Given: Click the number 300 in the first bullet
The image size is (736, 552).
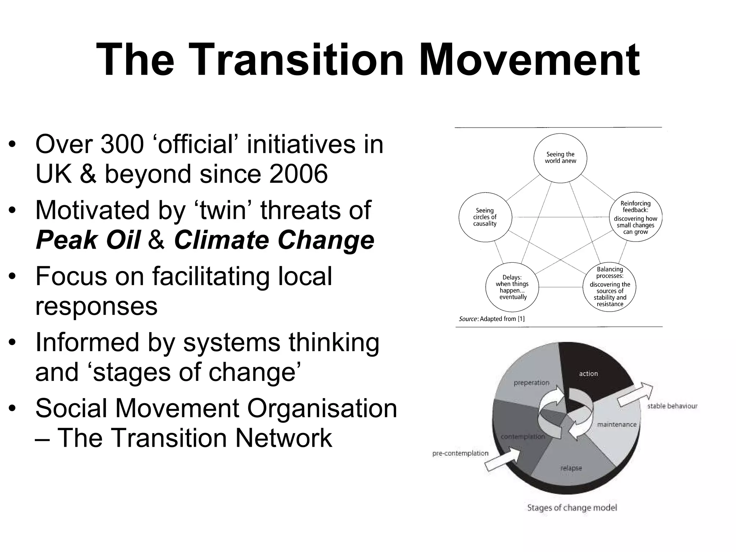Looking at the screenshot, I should pyautogui.click(x=122, y=144).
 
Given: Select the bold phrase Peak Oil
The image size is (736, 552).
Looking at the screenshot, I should pyautogui.click(x=88, y=240).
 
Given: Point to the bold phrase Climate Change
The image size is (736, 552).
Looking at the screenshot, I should pyautogui.click(x=274, y=240).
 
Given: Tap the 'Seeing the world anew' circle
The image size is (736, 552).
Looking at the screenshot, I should pyautogui.click(x=560, y=158).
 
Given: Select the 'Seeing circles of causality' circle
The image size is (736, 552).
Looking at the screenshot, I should pyautogui.click(x=485, y=217).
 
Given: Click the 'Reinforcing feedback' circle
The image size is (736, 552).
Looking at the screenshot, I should pyautogui.click(x=635, y=217).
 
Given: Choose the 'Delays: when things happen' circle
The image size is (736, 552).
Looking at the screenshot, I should pyautogui.click(x=512, y=287).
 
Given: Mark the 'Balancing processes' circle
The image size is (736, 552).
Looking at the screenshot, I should pyautogui.click(x=609, y=286).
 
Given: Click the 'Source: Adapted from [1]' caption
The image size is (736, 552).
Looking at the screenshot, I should pyautogui.click(x=492, y=319).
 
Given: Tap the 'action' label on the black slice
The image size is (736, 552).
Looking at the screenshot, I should pyautogui.click(x=588, y=374).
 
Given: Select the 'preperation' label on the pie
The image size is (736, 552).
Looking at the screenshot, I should pyautogui.click(x=531, y=383).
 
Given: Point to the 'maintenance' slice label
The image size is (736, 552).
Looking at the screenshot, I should pyautogui.click(x=617, y=424).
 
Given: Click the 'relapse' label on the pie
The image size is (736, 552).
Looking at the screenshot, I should pyautogui.click(x=571, y=468).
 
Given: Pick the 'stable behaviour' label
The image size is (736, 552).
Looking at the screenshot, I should pyautogui.click(x=672, y=406).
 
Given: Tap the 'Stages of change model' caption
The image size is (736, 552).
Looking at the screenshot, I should pyautogui.click(x=572, y=508).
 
